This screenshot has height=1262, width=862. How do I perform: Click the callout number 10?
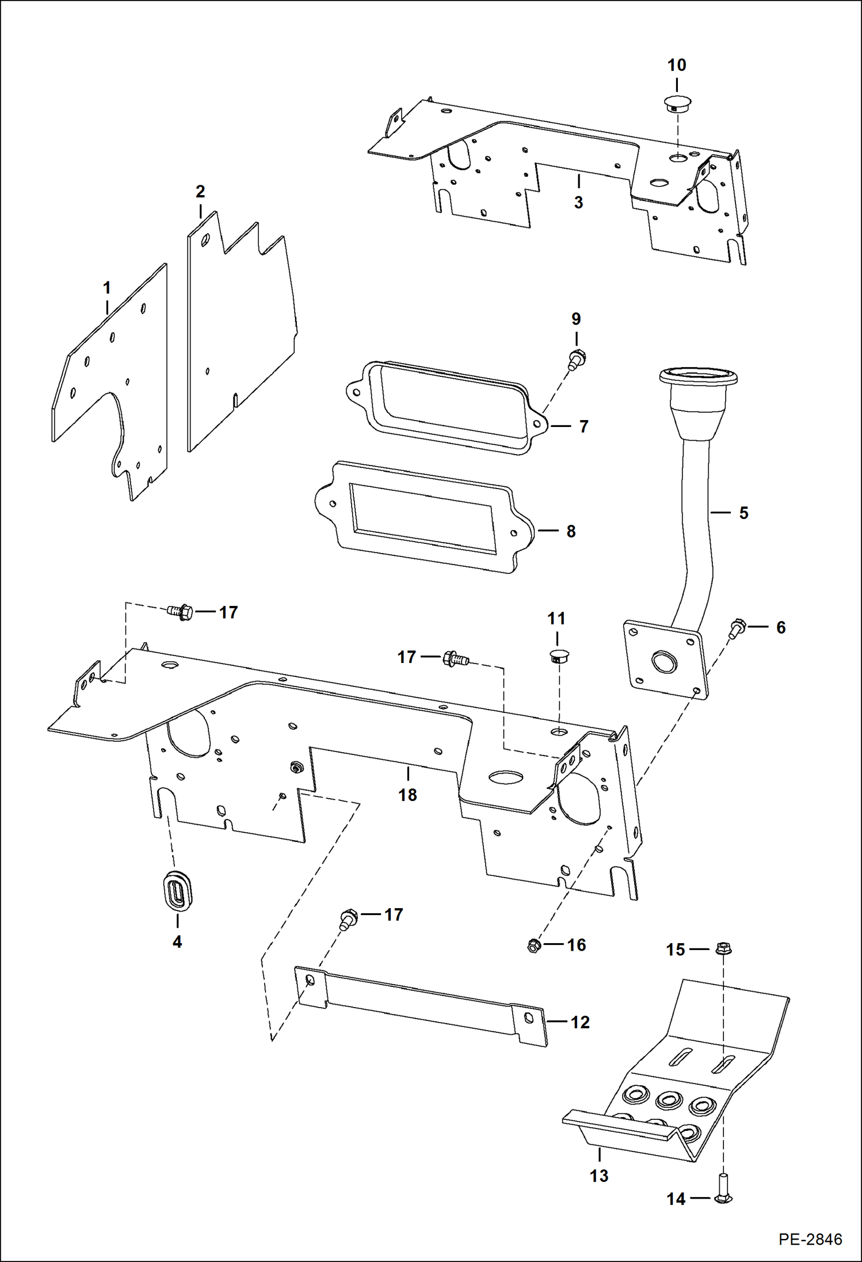pos(677,66)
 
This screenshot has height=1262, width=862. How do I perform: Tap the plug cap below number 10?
pos(677,104)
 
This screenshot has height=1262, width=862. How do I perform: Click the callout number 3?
pos(578,203)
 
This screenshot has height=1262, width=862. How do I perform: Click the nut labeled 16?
pos(533,945)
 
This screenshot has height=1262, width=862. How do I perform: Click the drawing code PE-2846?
pos(810,1239)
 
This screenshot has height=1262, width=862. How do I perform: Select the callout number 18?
pos(407,795)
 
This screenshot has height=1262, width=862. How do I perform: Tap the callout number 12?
pos(580,1022)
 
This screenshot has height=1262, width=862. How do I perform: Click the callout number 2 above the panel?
pos(200,191)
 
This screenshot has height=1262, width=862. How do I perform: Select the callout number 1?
pos(106,288)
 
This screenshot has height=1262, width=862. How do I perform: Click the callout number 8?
pos(571,531)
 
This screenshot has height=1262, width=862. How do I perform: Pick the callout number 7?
pos(583,426)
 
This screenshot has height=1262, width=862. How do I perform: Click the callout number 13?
pos(599,1176)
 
